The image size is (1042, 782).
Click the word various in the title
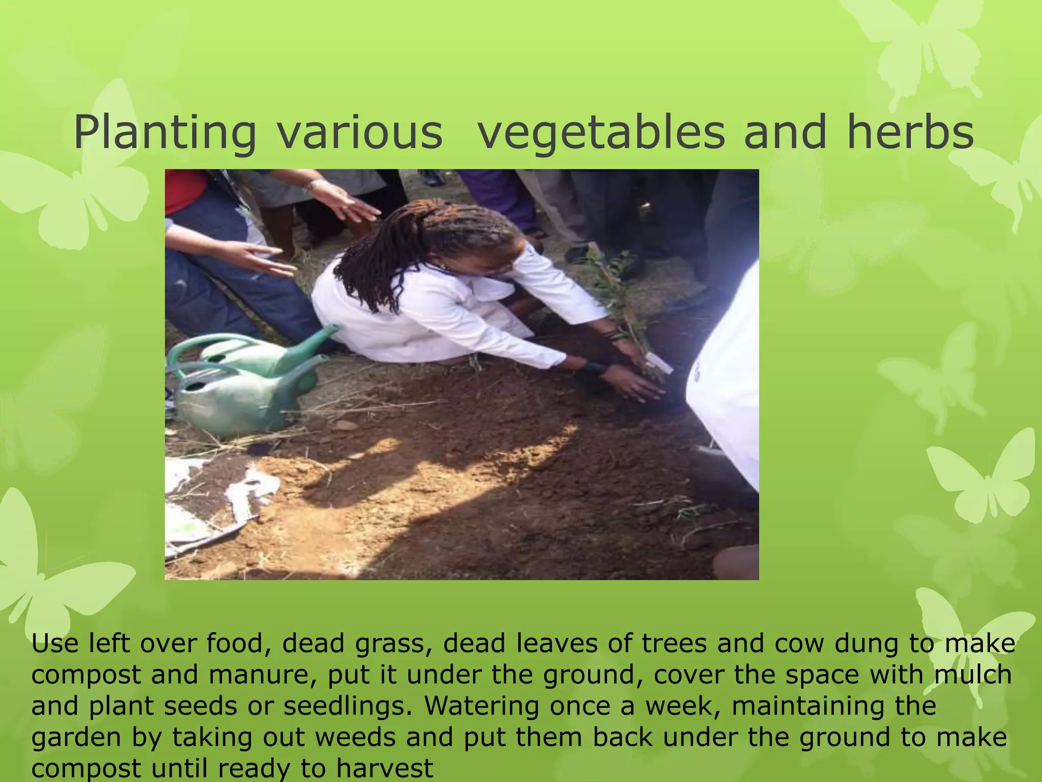pyautogui.click(x=360, y=133)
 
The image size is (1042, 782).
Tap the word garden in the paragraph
pyautogui.click(x=76, y=738)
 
